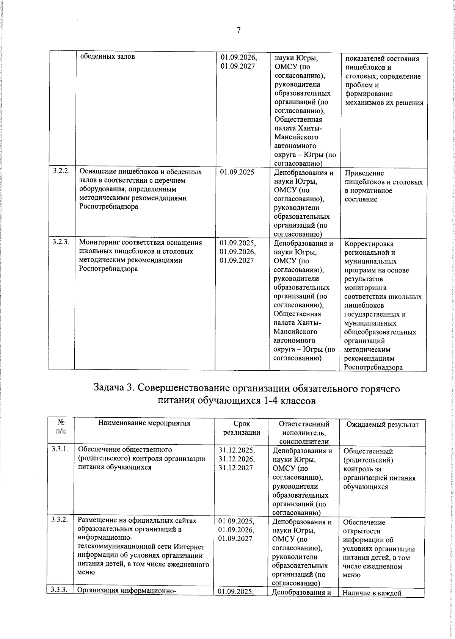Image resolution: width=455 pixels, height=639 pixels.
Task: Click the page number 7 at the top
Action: [238, 30]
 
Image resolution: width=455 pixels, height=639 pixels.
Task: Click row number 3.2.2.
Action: [61, 172]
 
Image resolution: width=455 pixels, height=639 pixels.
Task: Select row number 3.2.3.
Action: [61, 243]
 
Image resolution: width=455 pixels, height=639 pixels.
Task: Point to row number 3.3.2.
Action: [60, 520]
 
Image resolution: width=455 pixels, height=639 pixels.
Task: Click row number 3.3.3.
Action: [60, 589]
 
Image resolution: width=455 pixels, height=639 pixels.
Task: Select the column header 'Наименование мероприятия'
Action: [144, 423]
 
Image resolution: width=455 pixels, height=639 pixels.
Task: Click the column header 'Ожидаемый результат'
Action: [383, 424]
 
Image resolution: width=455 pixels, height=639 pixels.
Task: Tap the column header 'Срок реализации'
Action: [242, 428]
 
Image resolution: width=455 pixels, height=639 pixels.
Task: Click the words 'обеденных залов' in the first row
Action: [107, 57]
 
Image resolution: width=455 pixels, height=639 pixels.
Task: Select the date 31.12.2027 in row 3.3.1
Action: [236, 468]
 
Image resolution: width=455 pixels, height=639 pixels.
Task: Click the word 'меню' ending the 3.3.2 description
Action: [86, 572]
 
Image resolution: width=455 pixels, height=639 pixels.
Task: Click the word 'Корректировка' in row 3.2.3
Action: [369, 244]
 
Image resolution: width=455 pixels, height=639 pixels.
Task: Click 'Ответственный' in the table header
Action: [304, 424]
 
